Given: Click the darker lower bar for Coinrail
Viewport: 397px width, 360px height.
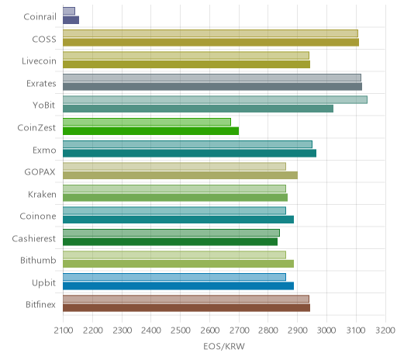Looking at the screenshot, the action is [71, 20].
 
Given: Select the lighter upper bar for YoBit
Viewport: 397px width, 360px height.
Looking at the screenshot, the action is [215, 100].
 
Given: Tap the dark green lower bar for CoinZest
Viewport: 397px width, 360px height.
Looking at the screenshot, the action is [150, 131].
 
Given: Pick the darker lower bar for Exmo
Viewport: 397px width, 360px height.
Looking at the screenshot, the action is [189, 153].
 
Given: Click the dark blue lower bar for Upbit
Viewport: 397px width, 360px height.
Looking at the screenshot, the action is [178, 286].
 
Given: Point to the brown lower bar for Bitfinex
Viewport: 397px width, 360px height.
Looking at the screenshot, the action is [186, 308].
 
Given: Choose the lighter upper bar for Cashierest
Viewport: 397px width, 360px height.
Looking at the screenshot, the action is [171, 233].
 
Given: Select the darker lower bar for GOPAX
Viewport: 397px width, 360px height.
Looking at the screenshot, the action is [180, 175].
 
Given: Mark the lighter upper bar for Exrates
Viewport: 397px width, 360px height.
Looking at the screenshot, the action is [212, 78].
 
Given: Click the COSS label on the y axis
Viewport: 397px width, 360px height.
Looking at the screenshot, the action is [44, 40].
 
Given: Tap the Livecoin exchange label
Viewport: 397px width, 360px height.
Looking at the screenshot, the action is [39, 61].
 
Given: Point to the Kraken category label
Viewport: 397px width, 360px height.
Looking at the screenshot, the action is [42, 194].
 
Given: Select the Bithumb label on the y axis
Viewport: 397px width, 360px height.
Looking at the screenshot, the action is [38, 260].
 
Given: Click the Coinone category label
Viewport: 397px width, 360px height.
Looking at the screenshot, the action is [38, 216].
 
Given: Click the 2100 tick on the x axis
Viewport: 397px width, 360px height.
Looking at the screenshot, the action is [64, 331].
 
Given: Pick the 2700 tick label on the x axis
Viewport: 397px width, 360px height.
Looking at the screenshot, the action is [239, 331].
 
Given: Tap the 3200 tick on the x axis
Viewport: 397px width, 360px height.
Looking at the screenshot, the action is [385, 331].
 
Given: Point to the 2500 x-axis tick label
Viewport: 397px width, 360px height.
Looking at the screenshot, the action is [181, 331].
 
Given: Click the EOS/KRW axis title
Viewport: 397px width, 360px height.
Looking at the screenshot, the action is [224, 346].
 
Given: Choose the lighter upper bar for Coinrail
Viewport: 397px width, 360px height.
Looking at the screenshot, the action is [69, 11].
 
